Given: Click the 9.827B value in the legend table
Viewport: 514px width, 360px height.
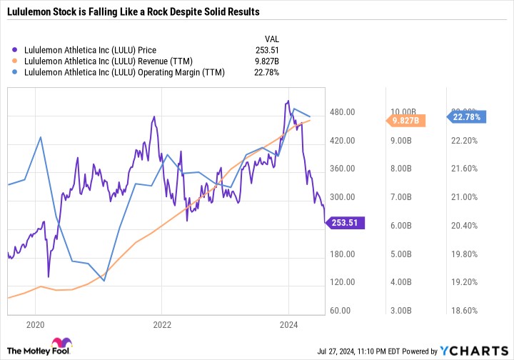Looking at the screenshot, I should click(x=266, y=61).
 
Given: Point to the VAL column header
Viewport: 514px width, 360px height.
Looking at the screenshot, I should click(x=271, y=39).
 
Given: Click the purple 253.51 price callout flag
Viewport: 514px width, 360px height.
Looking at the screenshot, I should click(x=345, y=224).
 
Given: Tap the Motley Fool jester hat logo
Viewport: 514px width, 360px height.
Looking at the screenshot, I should click(x=62, y=346).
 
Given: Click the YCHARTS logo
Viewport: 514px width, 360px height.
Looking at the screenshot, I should click(x=479, y=351).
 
